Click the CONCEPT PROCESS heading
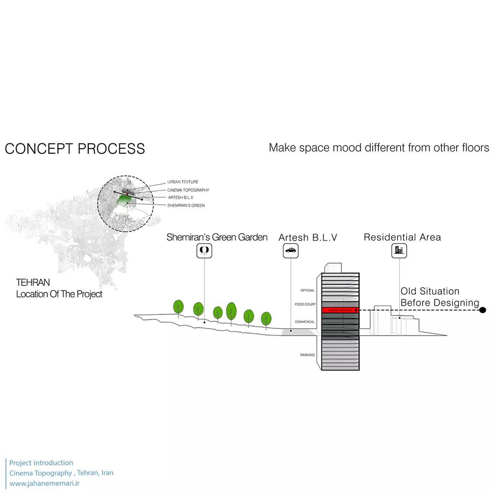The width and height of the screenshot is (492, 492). point(75,148)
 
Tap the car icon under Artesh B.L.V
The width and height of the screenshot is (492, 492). point(291,251)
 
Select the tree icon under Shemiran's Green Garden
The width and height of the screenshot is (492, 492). point(204,250)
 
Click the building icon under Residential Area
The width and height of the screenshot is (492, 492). point(399,250)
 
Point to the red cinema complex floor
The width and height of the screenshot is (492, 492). point(340,310)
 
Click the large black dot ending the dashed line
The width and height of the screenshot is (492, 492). point(483,310)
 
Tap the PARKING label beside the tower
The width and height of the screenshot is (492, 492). point(307,355)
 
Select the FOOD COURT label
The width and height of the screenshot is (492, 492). point(305,304)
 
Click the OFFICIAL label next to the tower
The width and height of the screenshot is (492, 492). point(307,290)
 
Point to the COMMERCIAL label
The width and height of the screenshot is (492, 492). point(305,322)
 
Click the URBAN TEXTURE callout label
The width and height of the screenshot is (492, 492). point(182,182)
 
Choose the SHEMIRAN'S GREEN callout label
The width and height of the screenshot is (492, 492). point(186,205)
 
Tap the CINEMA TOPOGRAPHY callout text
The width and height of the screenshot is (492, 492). point(188,190)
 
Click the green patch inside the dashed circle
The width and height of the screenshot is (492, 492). point(123,200)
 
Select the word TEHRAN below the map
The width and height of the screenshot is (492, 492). point(33,282)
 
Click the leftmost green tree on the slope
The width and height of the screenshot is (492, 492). point(178,307)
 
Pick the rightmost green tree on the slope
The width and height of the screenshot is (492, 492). point(266,319)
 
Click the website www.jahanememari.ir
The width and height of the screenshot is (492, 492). point(44,483)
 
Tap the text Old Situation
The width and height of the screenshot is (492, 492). point(430,291)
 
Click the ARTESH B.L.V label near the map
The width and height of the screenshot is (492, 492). point(180,198)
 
